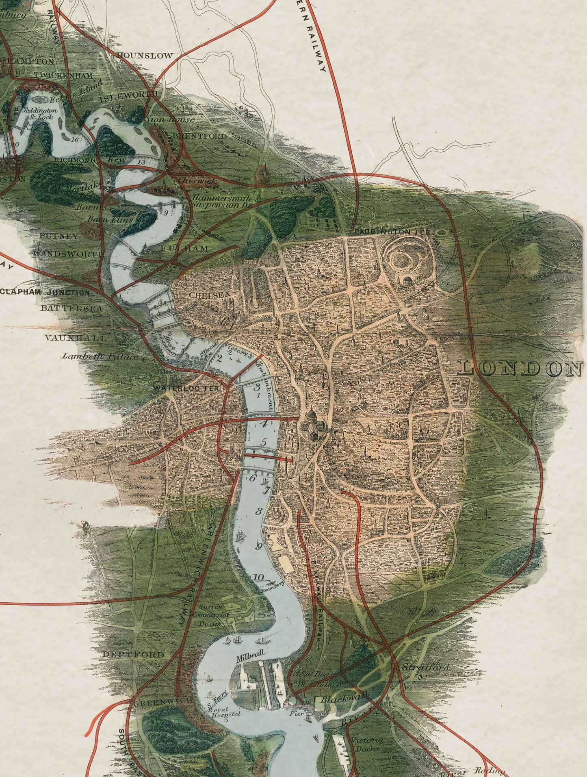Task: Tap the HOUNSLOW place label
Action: tap(145, 56)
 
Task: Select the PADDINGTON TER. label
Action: tap(392, 232)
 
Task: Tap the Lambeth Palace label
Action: tap(100, 356)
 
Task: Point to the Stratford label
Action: tap(425, 667)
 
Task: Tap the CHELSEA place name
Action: tap(210, 295)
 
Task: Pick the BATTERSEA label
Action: tap(71, 308)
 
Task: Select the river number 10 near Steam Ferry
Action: tap(258, 577)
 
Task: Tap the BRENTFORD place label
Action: tap(200, 136)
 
